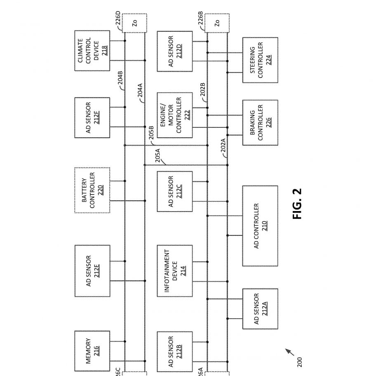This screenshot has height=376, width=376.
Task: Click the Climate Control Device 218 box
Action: (92, 51)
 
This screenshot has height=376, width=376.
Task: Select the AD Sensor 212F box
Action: (92, 117)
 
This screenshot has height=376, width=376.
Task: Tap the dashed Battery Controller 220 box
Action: (92, 190)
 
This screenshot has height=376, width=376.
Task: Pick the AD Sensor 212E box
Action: (92, 271)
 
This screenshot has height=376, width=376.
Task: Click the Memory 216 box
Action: (92, 351)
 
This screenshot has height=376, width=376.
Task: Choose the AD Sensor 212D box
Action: (175, 51)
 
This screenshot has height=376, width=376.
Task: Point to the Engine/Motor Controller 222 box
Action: (175, 115)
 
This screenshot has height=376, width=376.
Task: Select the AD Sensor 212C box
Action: (175, 191)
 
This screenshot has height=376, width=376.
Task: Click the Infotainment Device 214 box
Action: (175, 271)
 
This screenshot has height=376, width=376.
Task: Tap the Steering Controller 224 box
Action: (260, 60)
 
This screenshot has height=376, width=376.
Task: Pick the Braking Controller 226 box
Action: (260, 122)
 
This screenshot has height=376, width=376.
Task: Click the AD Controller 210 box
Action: (260, 226)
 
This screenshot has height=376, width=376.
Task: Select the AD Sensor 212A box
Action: (260, 309)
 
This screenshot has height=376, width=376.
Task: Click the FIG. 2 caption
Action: (297, 204)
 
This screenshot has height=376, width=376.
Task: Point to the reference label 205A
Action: (157, 155)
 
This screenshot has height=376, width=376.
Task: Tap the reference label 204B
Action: (120, 78)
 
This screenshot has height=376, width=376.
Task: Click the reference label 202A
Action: (223, 145)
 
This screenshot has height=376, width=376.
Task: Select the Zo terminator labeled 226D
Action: (134, 23)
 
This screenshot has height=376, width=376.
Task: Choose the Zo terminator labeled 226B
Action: (217, 23)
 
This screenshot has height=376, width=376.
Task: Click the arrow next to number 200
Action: (289, 352)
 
